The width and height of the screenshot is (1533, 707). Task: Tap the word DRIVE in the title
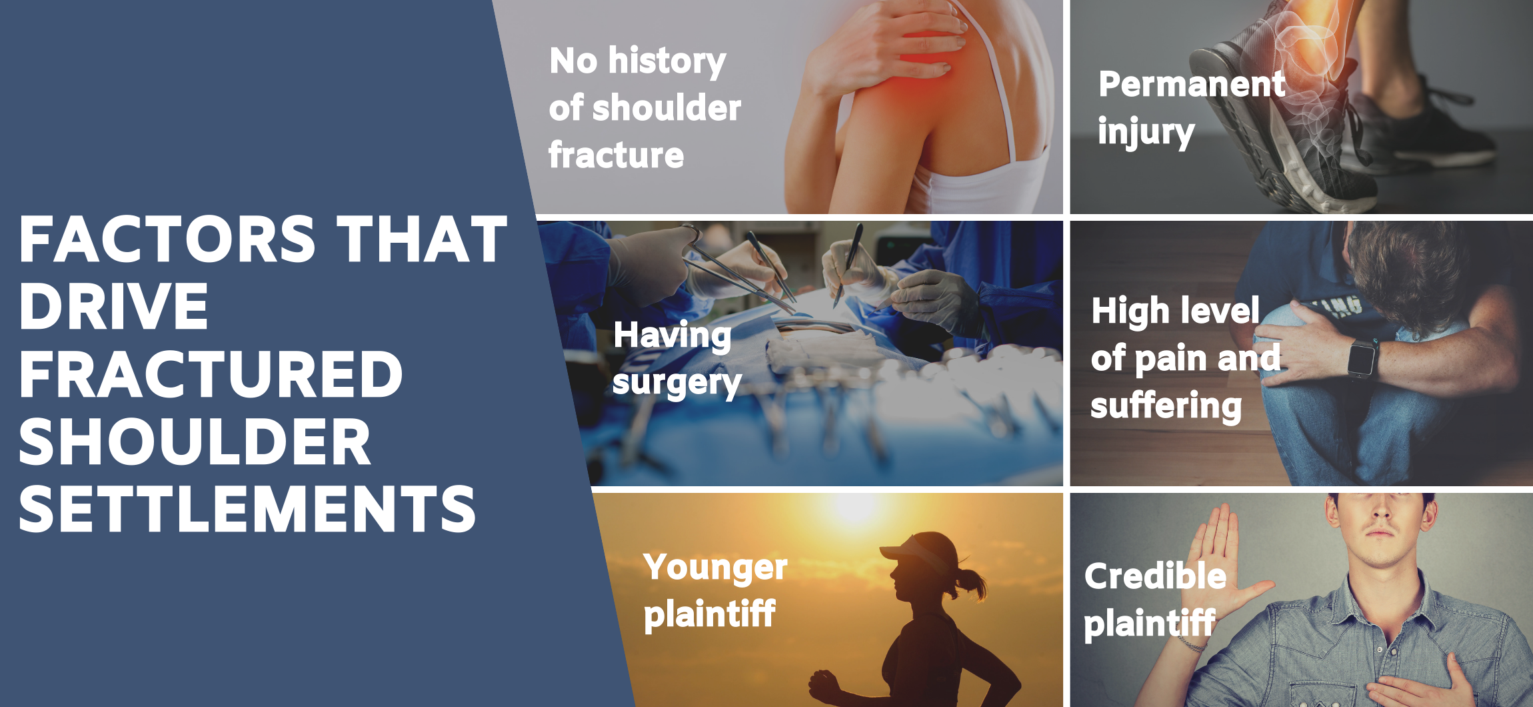tap(113, 306)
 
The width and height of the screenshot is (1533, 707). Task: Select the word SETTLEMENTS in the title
tap(247, 509)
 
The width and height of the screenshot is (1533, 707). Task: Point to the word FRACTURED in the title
tap(211, 374)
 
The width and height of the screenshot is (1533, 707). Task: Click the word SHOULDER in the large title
tap(195, 442)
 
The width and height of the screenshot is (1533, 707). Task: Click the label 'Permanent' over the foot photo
tap(1192, 84)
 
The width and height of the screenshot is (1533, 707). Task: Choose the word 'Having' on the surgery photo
tap(672, 335)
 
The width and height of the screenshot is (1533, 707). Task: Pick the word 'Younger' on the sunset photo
tap(715, 568)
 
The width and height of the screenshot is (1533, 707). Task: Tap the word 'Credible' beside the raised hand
tap(1155, 576)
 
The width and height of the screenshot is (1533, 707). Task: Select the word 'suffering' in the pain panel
tap(1166, 406)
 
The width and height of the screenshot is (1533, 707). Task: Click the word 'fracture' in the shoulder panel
tap(616, 155)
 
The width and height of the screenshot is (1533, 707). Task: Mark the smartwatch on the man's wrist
tap(1361, 358)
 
